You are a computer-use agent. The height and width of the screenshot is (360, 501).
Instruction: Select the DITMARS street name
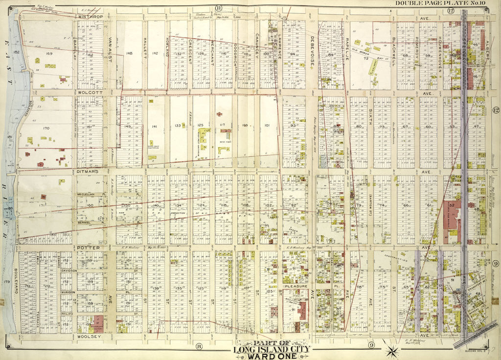point(88,172)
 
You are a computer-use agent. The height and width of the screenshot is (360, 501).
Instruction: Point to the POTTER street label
point(88,248)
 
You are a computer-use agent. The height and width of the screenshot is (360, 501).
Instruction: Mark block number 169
point(49,53)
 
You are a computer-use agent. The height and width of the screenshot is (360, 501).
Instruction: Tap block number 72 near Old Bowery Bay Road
point(365,58)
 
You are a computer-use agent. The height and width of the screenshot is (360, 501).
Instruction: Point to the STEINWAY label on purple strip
point(464,39)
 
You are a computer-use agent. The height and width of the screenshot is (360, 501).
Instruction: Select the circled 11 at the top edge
point(218,7)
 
